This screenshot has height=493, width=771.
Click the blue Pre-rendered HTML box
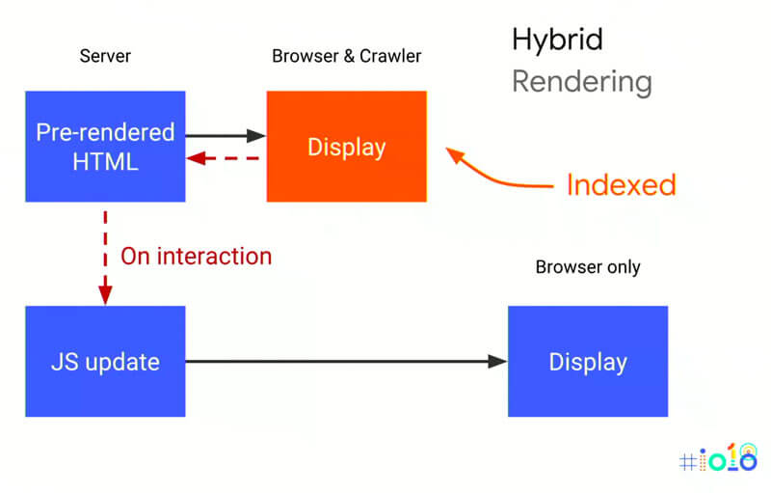pos(105,147)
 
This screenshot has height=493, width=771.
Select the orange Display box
pos(347,147)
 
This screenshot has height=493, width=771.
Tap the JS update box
pos(105,362)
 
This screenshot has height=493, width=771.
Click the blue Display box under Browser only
pos(588,362)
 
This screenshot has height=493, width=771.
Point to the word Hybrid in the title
pos(557,40)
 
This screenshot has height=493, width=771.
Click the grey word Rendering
pos(581,82)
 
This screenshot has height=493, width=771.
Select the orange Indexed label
pos(621,184)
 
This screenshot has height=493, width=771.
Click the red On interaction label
pos(196,256)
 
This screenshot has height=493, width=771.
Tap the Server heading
pos(104,57)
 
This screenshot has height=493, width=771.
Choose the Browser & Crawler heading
pos(346,57)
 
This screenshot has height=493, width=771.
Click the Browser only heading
pos(587,267)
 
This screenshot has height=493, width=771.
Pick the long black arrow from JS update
pos(345,362)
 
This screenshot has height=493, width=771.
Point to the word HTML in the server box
pos(105,161)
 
